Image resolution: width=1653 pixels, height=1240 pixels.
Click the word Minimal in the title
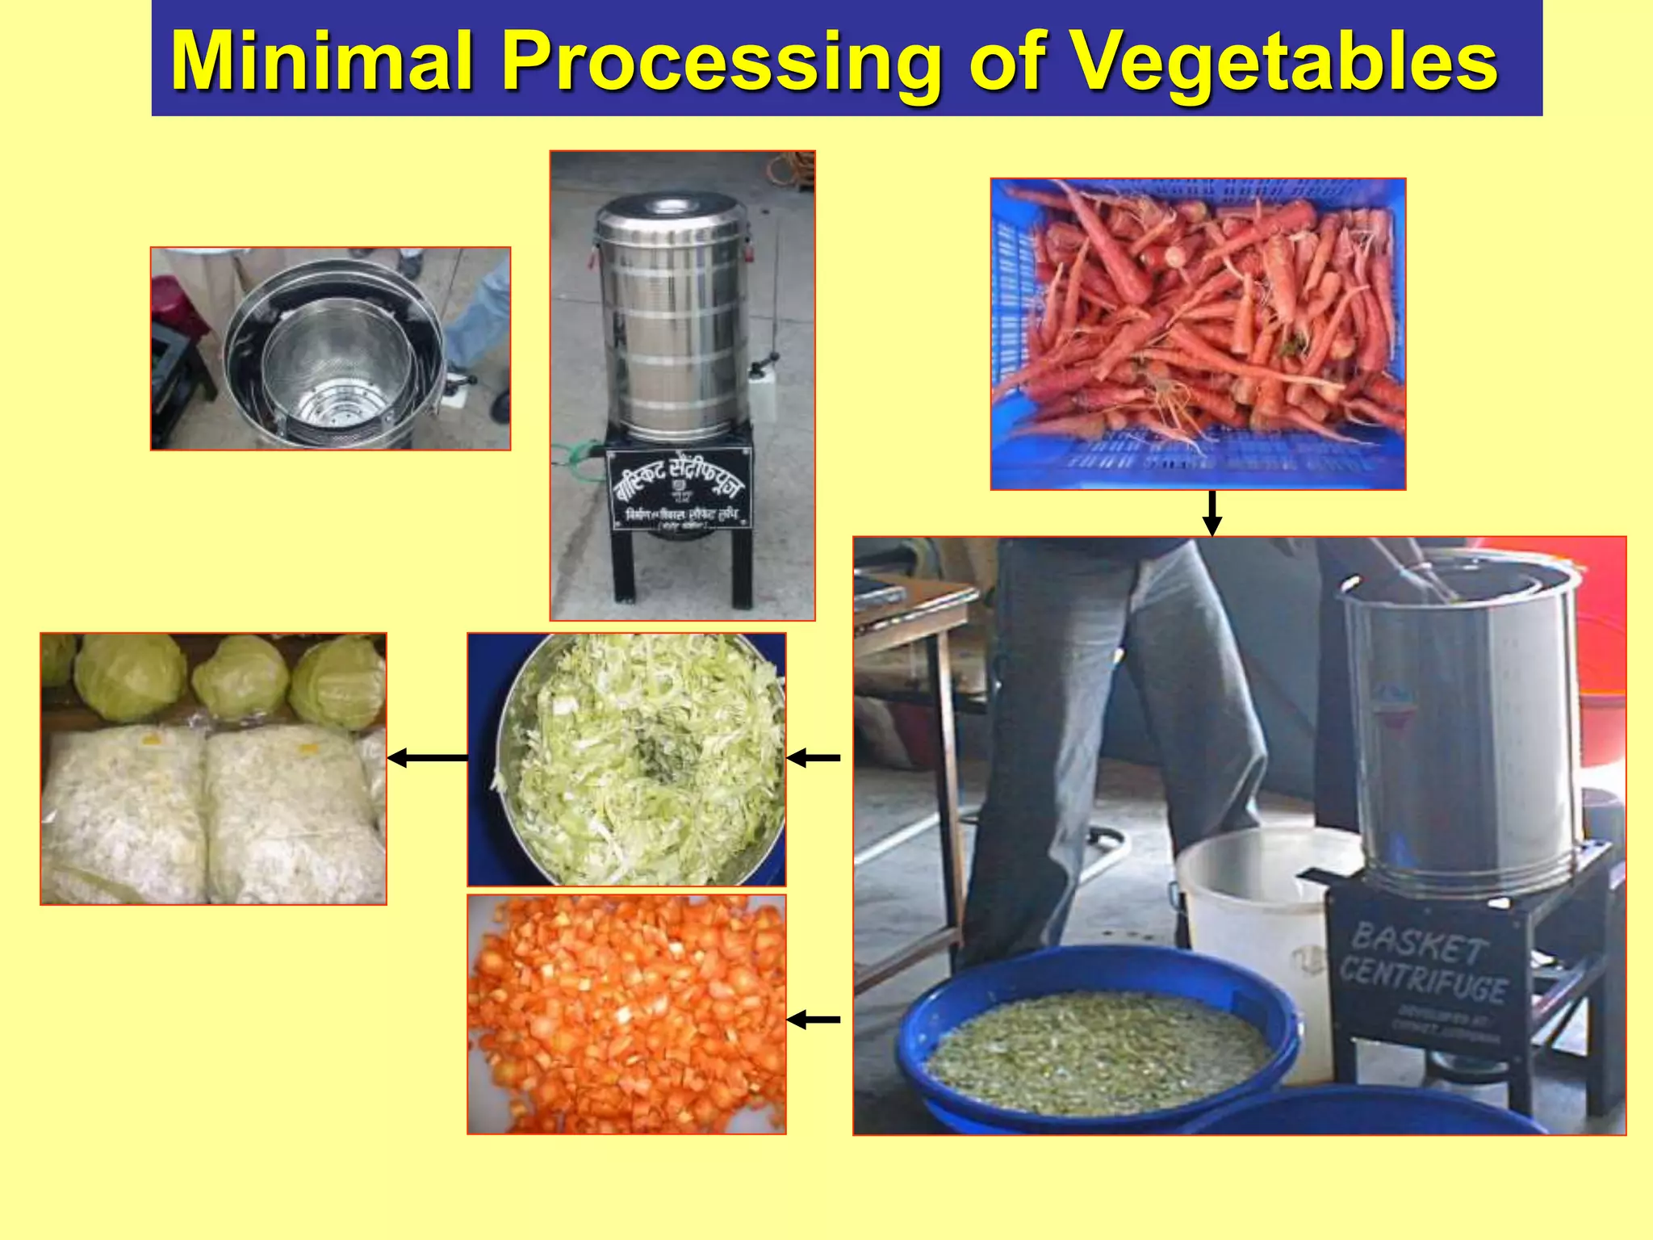click(321, 61)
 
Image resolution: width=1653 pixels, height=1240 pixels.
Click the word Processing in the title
click(721, 63)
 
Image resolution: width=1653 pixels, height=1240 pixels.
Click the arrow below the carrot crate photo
click(1212, 513)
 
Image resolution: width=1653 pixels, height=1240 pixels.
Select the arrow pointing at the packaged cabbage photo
click(428, 757)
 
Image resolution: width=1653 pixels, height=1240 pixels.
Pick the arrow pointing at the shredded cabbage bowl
click(814, 757)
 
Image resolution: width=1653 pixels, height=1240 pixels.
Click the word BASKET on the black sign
click(1419, 943)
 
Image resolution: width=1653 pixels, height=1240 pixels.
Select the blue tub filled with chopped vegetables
click(1098, 1041)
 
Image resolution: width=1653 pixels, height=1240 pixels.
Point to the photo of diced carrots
click(626, 1014)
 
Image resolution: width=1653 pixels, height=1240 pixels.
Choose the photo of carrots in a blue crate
click(1198, 333)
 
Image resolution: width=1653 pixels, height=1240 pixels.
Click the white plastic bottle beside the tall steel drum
click(762, 394)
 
